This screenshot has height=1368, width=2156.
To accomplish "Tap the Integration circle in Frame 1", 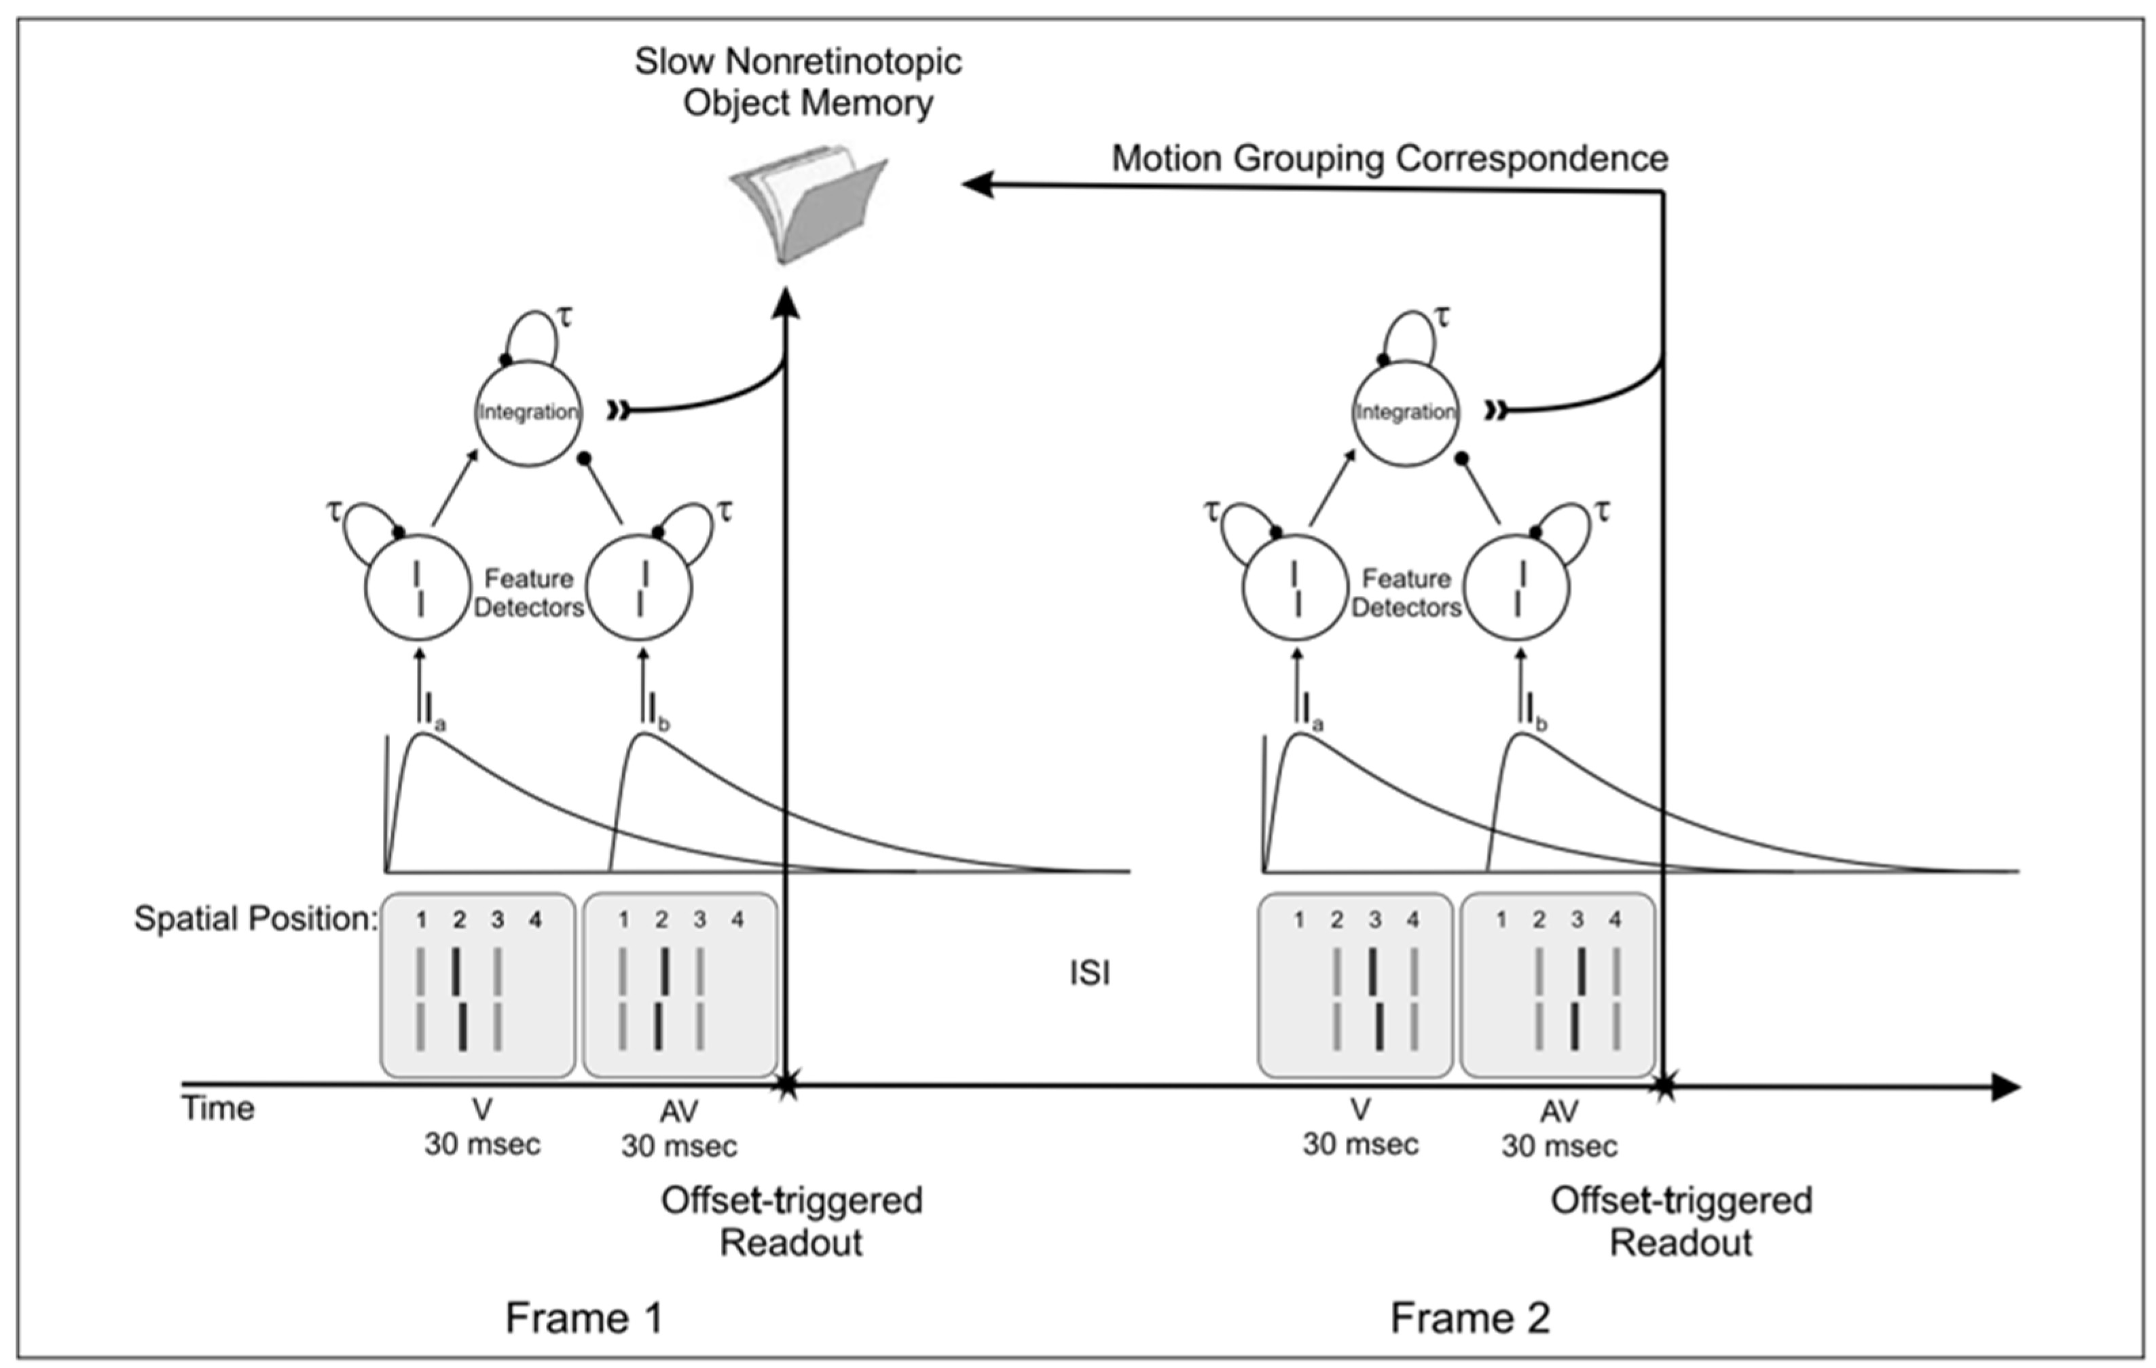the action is pos(528,413).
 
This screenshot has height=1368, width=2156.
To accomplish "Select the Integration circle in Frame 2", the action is pos(1406,413).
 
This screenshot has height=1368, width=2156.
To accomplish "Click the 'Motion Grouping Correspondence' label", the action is pos(1389,158).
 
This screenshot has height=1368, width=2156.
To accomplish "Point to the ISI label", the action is pos(1090,972).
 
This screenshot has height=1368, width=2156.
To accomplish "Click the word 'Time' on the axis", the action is pos(219,1109).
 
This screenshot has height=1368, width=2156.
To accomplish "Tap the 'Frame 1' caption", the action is pos(584,1318).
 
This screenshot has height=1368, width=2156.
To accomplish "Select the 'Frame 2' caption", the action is pos(1470,1318).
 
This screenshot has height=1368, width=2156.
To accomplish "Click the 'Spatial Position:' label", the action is pos(255,919).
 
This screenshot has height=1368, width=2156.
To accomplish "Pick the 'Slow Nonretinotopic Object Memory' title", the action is pos(799,82).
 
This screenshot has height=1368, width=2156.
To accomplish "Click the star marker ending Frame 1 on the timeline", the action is pos(786,1086).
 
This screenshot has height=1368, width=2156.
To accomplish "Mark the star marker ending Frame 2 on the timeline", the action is pos(1664,1087).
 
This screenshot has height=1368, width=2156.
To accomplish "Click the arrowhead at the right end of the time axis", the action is pos(2005,1088).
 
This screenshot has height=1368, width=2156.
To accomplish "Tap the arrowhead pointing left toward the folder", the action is pos(978,185).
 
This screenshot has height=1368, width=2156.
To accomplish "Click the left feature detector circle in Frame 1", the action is pos(417,588).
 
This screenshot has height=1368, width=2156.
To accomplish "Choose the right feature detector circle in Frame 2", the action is pos(1518,588).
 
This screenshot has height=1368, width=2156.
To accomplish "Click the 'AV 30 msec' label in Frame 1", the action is pos(678,1128).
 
